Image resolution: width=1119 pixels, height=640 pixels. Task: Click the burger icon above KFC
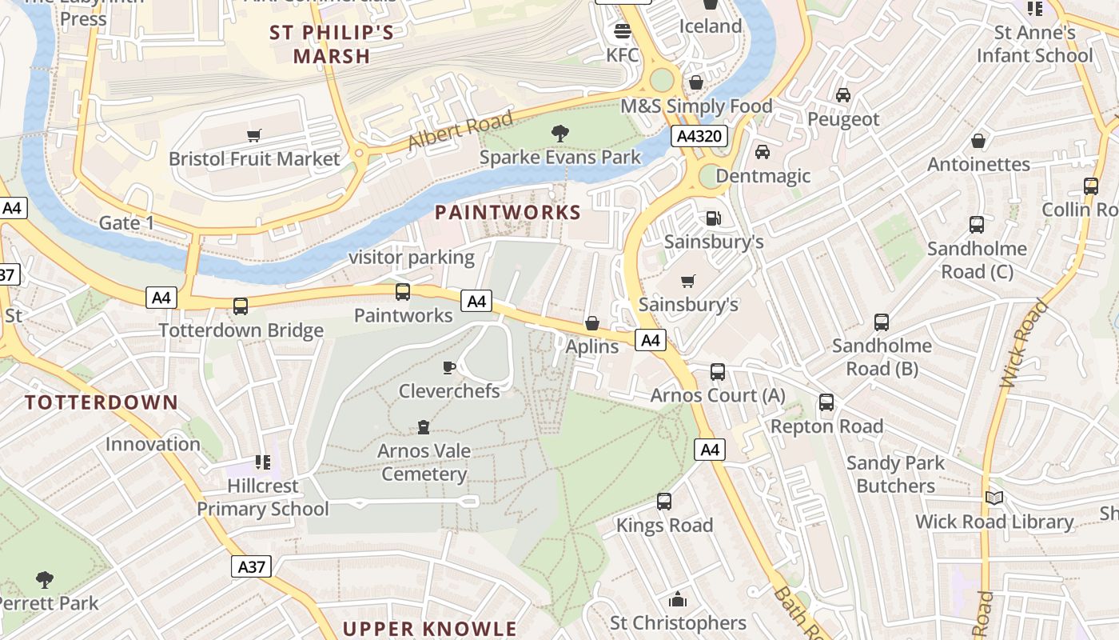coord(622,32)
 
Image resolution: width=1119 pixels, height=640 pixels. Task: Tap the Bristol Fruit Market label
coord(254,158)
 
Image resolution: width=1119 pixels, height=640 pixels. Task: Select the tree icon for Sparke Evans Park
coord(560,134)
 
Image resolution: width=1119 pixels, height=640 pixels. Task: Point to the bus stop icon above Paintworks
coord(403,292)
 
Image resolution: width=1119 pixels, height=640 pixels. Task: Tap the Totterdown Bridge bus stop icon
coord(240,306)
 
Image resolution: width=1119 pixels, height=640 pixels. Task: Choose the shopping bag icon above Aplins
coord(592,323)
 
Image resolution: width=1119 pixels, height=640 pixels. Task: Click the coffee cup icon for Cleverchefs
coord(449,367)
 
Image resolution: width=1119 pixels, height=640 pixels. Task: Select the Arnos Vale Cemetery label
coord(424,462)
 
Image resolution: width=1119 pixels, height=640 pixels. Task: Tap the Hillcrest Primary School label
coord(262,497)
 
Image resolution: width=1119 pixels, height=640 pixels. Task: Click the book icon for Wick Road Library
coord(994,498)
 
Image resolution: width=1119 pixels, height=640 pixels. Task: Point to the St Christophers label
coord(678,622)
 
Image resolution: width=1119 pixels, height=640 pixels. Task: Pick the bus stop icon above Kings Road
coord(664,502)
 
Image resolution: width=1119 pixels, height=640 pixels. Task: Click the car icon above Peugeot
coord(842,95)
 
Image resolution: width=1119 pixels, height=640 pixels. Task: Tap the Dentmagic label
coord(763,176)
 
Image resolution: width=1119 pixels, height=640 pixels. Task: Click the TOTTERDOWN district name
coord(102,402)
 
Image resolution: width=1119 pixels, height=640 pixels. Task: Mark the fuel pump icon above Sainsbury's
coord(712,218)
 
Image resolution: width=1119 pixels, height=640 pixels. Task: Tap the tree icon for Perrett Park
coord(45,579)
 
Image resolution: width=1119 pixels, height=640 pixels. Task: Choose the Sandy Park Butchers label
coord(895,474)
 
